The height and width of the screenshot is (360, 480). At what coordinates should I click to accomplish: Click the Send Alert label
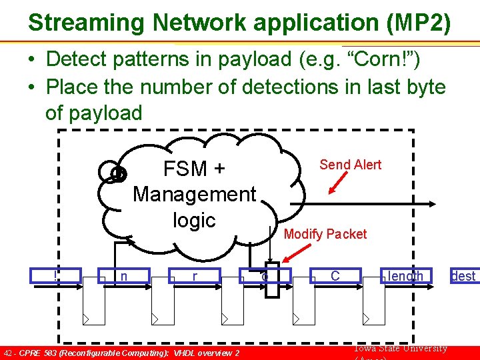pyautogui.click(x=350, y=165)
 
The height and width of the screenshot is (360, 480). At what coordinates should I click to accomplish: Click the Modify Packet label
pyautogui.click(x=325, y=234)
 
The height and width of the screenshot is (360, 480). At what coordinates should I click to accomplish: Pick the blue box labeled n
pyautogui.click(x=125, y=275)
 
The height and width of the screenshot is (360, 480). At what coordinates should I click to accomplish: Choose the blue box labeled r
pyautogui.click(x=195, y=275)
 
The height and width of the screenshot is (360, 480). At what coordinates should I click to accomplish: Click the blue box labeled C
pyautogui.click(x=335, y=275)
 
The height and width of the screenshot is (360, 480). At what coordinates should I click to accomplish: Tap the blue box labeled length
pyautogui.click(x=405, y=275)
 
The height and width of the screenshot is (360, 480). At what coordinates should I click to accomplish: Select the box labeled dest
pyautogui.click(x=463, y=275)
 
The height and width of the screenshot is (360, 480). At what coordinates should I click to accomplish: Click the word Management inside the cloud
pyautogui.click(x=194, y=194)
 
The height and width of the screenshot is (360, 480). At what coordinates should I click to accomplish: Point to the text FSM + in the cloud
pyautogui.click(x=194, y=169)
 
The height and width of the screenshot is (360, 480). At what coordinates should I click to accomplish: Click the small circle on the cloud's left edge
pyautogui.click(x=117, y=173)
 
